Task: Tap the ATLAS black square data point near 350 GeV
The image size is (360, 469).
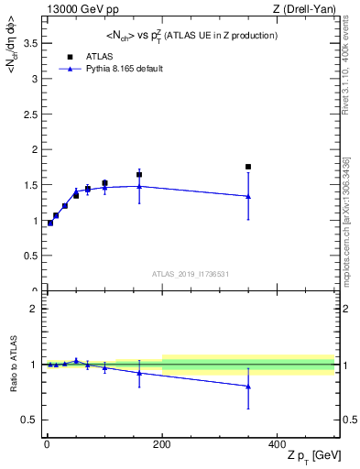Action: (248, 167)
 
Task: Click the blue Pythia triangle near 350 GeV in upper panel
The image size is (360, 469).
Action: (248, 196)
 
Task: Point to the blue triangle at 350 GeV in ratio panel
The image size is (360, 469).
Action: (248, 387)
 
